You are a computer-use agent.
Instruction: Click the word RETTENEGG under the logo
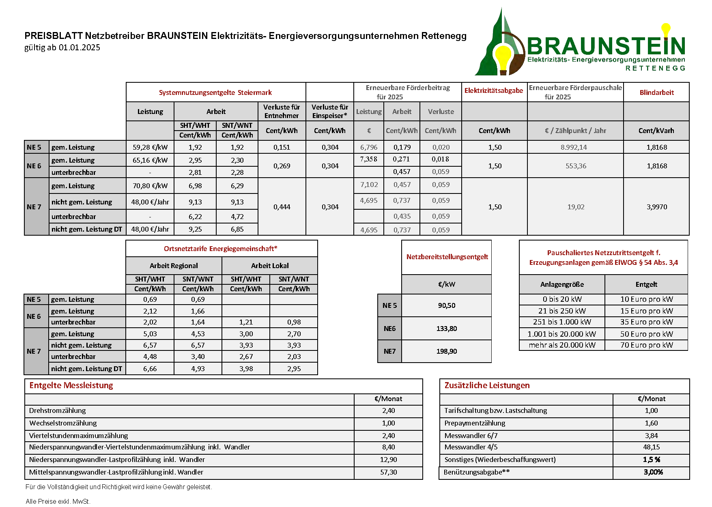[655, 68]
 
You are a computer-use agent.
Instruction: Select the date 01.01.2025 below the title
[80, 47]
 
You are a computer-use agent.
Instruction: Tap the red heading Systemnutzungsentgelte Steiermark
[215, 92]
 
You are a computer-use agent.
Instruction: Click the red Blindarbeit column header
[656, 92]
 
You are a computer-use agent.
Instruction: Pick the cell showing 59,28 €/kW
[150, 147]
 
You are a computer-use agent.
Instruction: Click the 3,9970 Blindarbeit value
[656, 207]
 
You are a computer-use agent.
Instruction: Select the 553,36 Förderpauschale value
[576, 166]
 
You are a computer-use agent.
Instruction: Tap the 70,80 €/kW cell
[150, 186]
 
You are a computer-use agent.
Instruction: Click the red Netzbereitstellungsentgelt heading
[447, 257]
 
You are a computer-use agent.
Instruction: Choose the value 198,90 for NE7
[446, 351]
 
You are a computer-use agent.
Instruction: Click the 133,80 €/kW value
[446, 329]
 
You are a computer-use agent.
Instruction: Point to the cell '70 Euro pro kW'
[646, 345]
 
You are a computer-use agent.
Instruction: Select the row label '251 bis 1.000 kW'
[562, 322]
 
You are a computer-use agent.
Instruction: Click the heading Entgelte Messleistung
[71, 385]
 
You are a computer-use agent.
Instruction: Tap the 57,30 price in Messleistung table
[388, 472]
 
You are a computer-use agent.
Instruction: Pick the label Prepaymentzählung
[475, 423]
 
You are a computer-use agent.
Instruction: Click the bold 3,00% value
[653, 472]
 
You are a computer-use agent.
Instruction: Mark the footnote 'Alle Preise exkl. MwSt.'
[58, 501]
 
